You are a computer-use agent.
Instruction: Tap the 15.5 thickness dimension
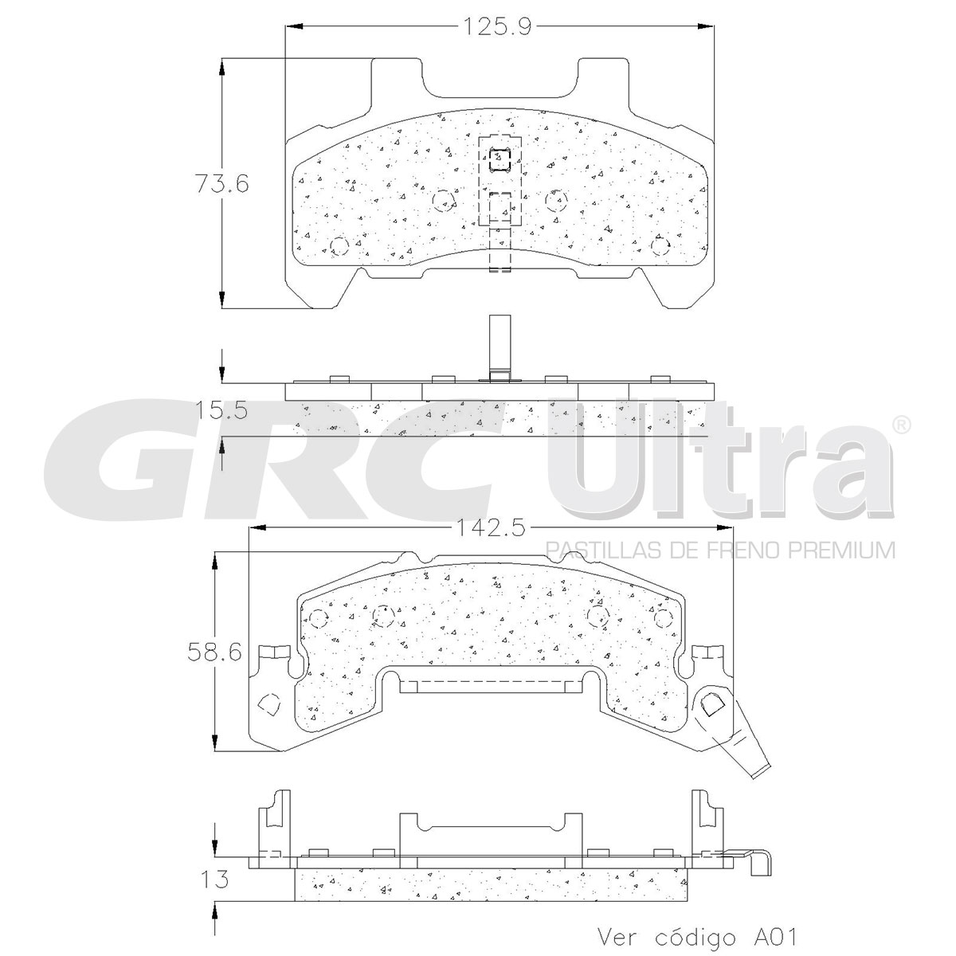[221, 411]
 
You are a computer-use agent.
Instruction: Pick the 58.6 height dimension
[214, 652]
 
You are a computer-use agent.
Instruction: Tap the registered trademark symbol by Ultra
[900, 425]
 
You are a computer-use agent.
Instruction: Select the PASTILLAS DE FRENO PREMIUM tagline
[719, 549]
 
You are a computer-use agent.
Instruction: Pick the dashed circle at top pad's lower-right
[660, 245]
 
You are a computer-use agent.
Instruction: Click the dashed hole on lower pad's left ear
[269, 705]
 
